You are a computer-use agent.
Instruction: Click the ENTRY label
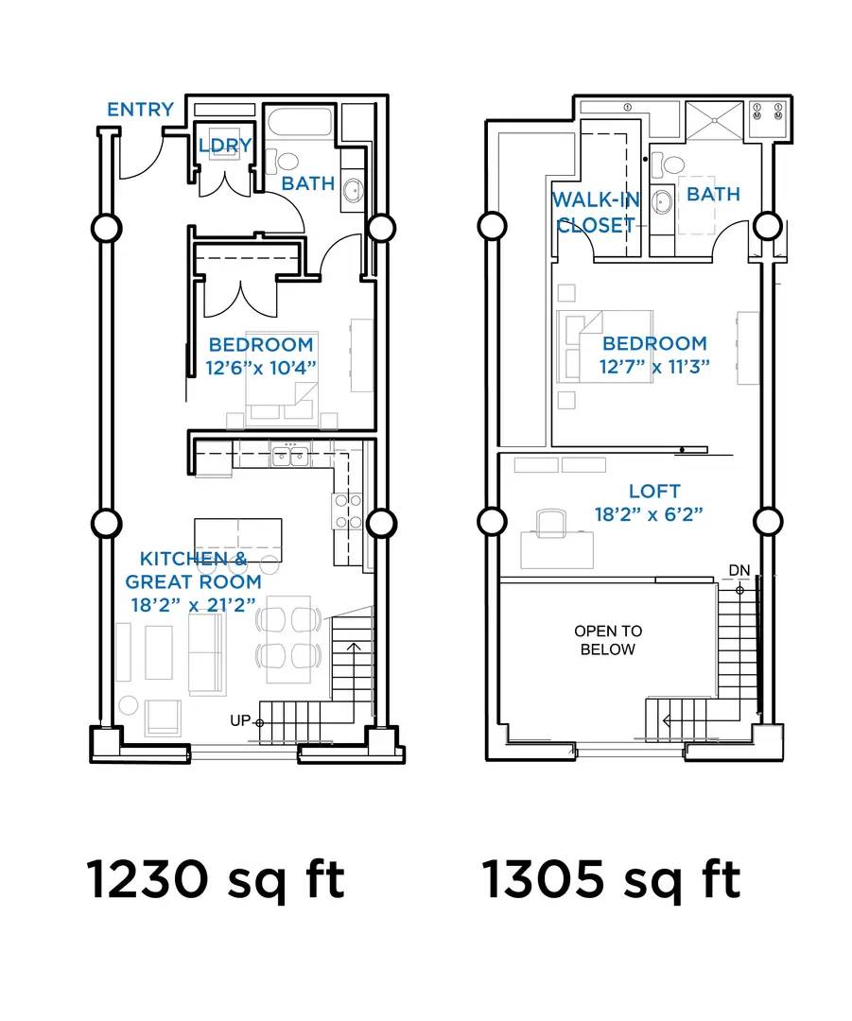tap(141, 110)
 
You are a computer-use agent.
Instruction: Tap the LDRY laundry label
tap(225, 146)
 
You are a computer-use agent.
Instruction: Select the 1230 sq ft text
tap(215, 880)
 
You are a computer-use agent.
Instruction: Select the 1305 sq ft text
tap(611, 880)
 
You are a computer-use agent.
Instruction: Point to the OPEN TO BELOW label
tap(608, 640)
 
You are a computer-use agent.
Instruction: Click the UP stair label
tap(239, 720)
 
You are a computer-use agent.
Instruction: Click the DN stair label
tap(739, 570)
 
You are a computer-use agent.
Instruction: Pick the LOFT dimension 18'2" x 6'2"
tap(649, 514)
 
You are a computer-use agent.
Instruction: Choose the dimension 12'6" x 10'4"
tap(261, 368)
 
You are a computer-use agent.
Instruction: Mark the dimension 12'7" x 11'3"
tap(654, 367)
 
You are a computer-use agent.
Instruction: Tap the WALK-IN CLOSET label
tap(596, 213)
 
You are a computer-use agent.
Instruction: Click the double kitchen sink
tap(290, 456)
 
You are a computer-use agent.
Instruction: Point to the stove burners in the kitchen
tap(349, 511)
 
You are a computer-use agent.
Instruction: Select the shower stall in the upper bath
tap(713, 120)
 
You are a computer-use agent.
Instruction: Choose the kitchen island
tap(237, 540)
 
